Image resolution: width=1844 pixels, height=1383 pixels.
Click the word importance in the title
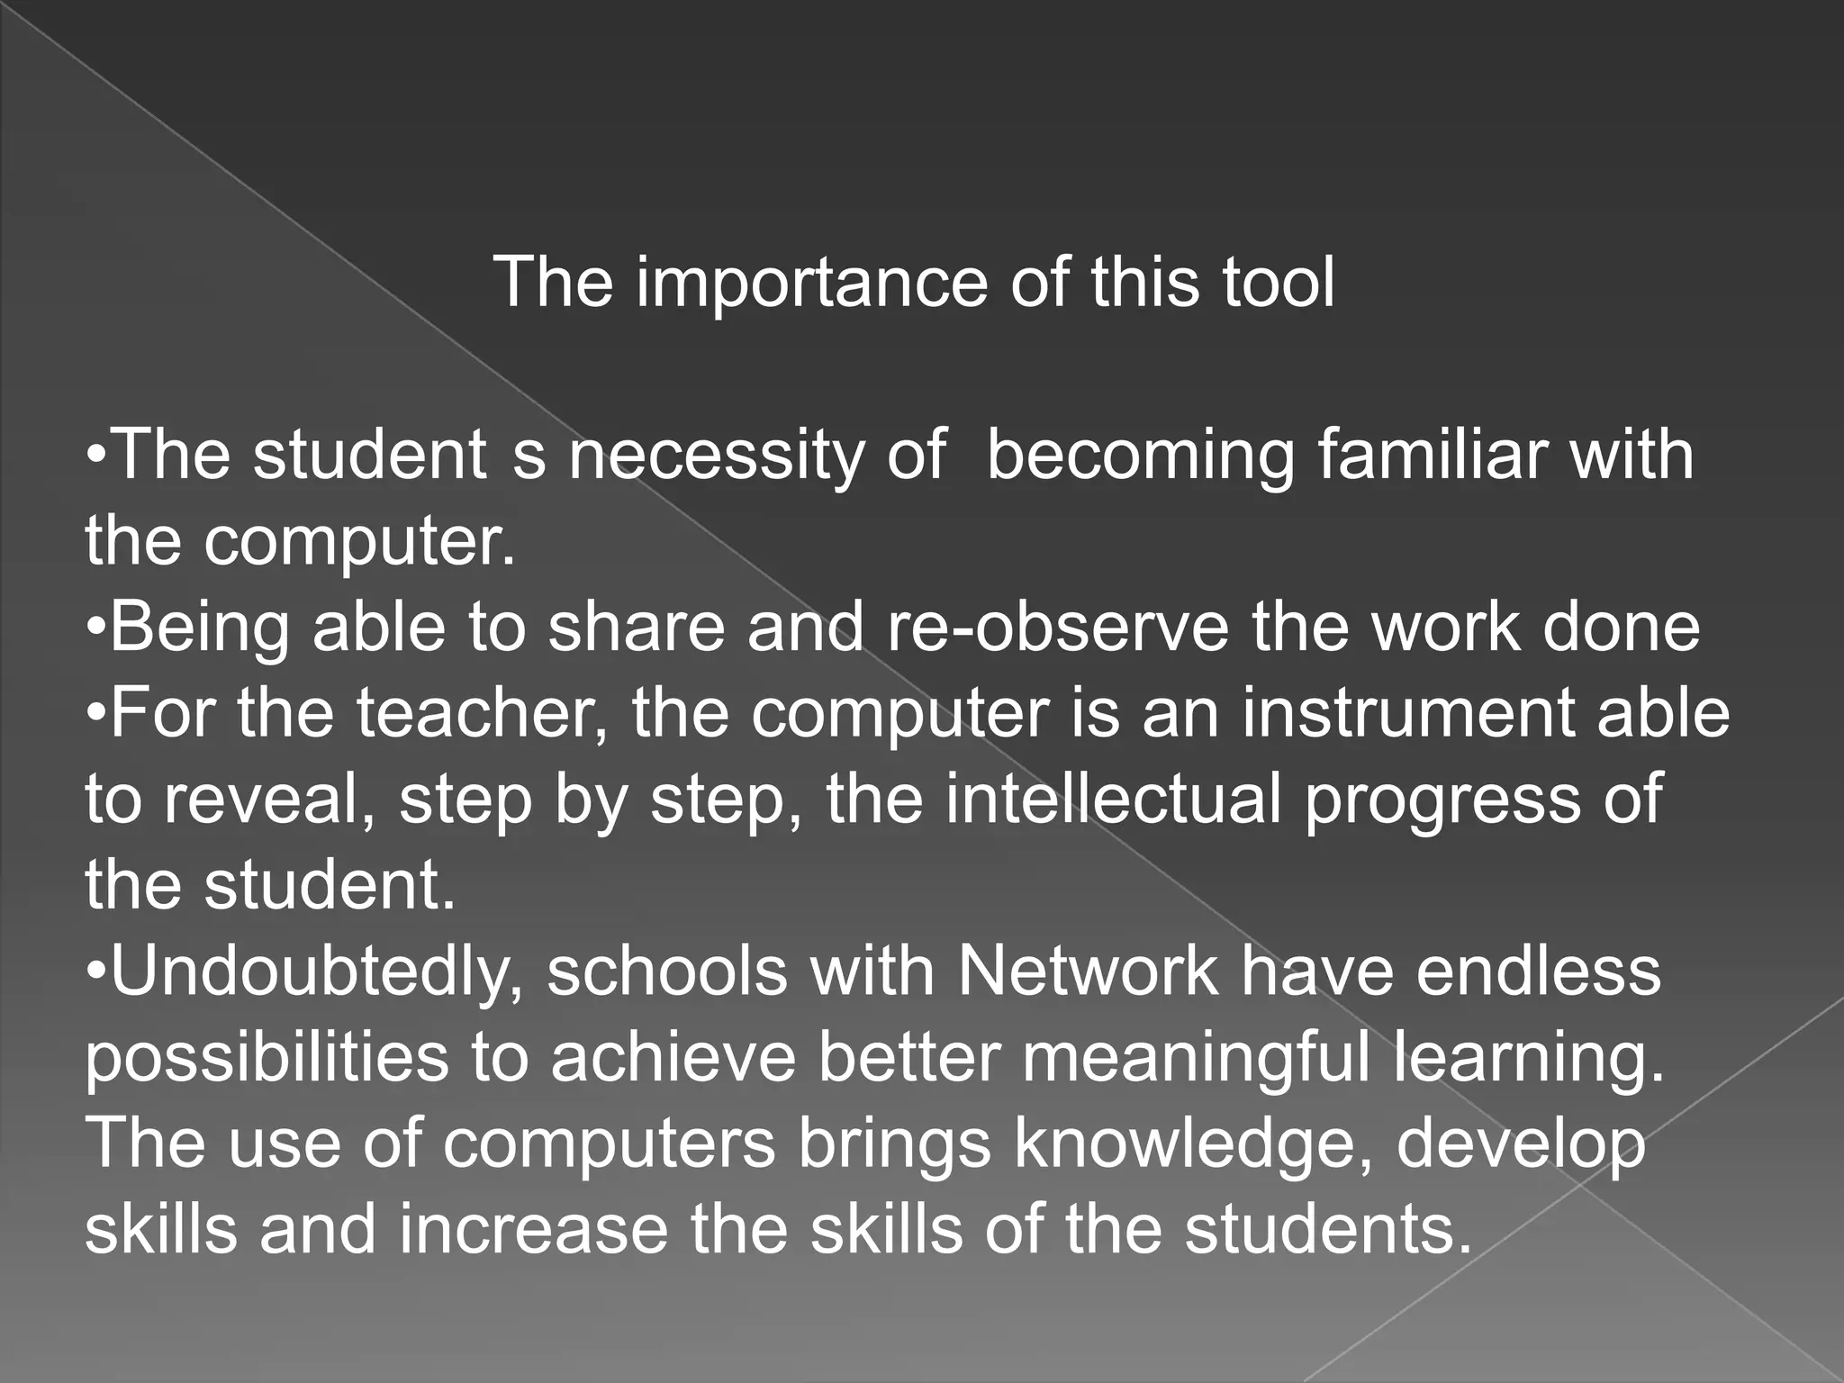pos(810,283)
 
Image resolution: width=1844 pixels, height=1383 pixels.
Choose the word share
pos(636,628)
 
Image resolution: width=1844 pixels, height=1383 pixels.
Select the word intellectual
pos(1113,800)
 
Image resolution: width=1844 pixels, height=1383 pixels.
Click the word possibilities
pos(267,1059)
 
